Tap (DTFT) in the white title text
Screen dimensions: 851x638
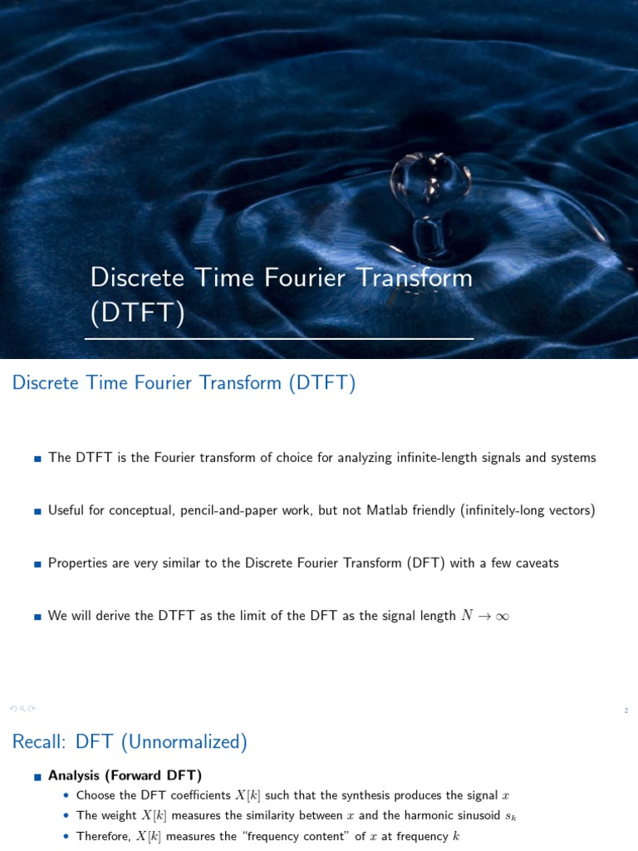137,312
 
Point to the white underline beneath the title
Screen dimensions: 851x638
279,339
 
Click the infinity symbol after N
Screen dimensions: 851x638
501,617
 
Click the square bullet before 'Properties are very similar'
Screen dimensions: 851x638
37,563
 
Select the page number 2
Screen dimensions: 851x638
626,711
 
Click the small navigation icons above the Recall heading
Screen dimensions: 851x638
22,709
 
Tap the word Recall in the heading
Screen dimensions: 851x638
39,742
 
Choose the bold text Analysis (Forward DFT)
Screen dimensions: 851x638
125,775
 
